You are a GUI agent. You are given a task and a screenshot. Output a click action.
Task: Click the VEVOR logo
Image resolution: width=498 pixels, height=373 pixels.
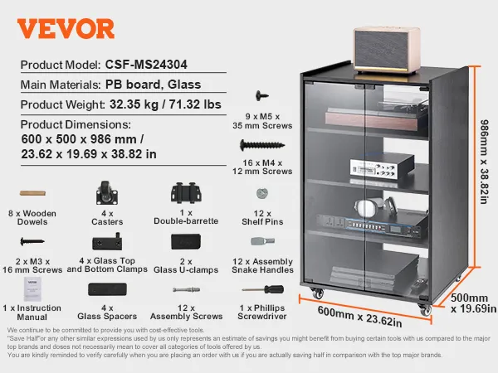pyautogui.click(x=66, y=29)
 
